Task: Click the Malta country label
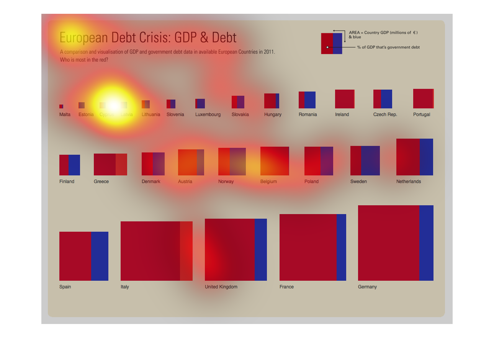[65, 115]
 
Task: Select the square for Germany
[396, 243]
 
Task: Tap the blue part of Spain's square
[100, 256]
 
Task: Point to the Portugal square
[423, 98]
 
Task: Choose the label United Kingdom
[221, 287]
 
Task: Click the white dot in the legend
[327, 47]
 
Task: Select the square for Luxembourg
[200, 103]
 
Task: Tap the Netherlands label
[408, 182]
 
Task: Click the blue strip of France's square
[341, 247]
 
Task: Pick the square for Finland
[70, 165]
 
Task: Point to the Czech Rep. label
[385, 115]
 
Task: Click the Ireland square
[345, 99]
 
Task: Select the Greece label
[101, 182]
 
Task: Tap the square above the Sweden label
[365, 160]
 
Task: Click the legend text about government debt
[388, 47]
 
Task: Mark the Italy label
[125, 287]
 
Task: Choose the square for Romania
[307, 100]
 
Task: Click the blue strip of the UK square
[261, 250]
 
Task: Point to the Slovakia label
[240, 115]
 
